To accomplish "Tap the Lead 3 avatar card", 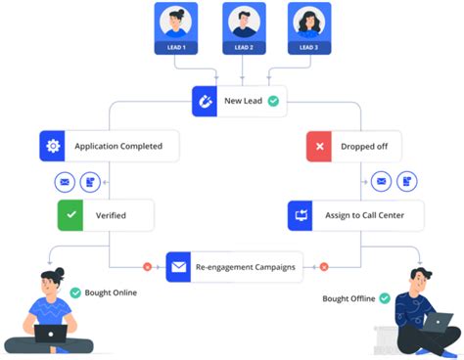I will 309,28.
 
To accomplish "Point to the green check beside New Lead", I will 274,101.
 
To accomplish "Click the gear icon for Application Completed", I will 52,147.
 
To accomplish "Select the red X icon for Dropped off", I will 320,147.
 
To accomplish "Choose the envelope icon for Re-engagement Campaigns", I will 179,265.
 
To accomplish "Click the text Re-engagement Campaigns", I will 245,265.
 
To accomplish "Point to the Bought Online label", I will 111,292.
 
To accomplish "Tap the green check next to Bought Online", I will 75,292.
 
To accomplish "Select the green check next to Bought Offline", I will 385,297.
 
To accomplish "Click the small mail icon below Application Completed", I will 65,181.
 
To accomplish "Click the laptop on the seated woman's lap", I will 51,334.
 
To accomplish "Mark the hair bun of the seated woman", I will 59,271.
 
